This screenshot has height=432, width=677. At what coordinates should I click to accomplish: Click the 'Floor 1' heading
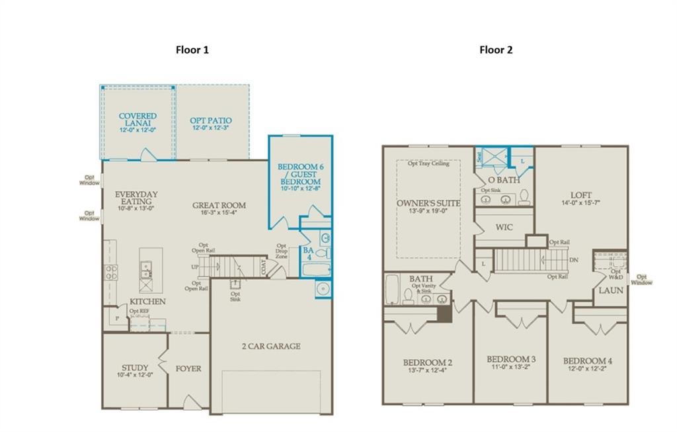[192, 50]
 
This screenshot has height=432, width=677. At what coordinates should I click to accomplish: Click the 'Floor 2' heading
[496, 50]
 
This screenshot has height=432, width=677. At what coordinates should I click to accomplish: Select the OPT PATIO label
[211, 120]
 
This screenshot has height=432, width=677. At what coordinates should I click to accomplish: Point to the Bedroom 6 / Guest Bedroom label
[299, 174]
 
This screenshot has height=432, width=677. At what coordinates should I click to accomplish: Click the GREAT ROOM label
[219, 206]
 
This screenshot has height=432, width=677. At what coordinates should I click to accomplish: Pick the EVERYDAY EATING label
[136, 198]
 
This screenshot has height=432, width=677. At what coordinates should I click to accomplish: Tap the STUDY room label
[135, 368]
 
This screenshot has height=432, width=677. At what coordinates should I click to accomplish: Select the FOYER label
[188, 368]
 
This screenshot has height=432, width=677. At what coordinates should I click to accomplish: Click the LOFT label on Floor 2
[581, 195]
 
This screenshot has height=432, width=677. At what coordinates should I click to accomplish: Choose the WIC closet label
[504, 228]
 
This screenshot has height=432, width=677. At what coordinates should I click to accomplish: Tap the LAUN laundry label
[611, 290]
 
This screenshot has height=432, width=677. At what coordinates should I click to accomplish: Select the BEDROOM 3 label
[510, 359]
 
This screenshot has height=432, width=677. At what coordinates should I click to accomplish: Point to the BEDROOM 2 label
[428, 363]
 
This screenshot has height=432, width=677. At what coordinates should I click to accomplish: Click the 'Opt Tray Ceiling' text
[428, 163]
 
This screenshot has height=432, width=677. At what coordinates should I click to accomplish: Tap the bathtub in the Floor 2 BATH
[391, 290]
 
